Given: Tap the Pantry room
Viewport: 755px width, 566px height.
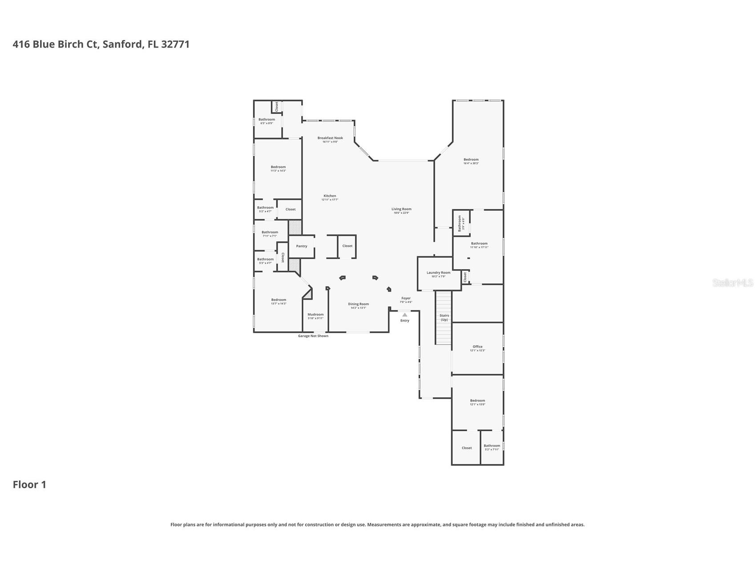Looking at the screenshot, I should (x=302, y=246).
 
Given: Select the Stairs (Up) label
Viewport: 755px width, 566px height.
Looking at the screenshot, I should (x=444, y=317).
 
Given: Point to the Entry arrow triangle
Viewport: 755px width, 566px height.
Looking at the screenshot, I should (x=404, y=315).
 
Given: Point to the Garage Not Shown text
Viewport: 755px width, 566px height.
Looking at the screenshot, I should (x=313, y=336).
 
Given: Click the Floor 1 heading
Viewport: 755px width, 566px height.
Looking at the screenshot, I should (x=29, y=485).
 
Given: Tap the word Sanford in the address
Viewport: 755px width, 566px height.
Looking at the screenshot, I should (x=123, y=44).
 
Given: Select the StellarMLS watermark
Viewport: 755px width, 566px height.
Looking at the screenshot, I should (x=732, y=283).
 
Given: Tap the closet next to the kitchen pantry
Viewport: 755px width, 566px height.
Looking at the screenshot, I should (x=347, y=246).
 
